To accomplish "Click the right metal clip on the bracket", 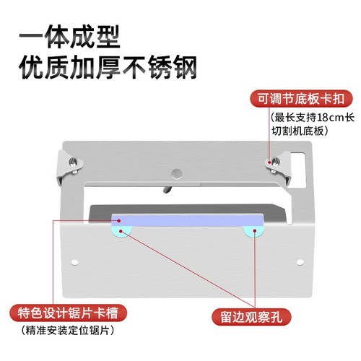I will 279,167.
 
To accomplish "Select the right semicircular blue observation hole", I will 253,231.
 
